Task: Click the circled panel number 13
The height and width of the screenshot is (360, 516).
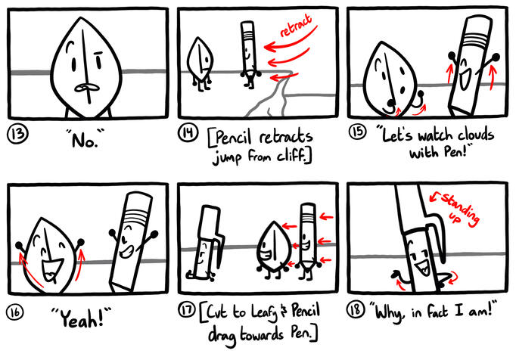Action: pyautogui.click(x=17, y=135)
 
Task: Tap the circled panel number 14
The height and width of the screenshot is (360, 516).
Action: pyautogui.click(x=188, y=133)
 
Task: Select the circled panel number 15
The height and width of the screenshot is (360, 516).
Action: pyautogui.click(x=357, y=132)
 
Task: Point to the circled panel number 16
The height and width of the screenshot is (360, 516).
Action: pyautogui.click(x=15, y=312)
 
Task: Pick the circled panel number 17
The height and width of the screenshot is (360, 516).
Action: pyautogui.click(x=187, y=309)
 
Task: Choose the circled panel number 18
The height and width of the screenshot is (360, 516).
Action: pyautogui.click(x=356, y=309)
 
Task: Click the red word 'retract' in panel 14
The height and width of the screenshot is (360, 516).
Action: pyautogui.click(x=296, y=25)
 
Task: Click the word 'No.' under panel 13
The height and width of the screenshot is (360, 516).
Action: pyautogui.click(x=85, y=139)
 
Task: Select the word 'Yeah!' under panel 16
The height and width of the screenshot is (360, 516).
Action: pyautogui.click(x=82, y=318)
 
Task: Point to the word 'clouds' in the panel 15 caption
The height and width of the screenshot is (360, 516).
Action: pyautogui.click(x=476, y=135)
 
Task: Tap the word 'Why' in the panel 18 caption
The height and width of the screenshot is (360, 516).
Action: pyautogui.click(x=388, y=312)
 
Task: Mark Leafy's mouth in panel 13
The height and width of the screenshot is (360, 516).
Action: pyautogui.click(x=86, y=88)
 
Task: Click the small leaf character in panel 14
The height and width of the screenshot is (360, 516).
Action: pyautogui.click(x=200, y=64)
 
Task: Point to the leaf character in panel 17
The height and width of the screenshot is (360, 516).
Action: pyautogui.click(x=274, y=249)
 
